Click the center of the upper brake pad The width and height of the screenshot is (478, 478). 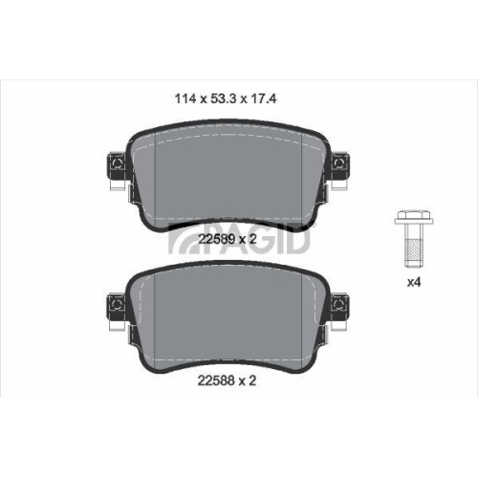(x=226, y=177)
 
